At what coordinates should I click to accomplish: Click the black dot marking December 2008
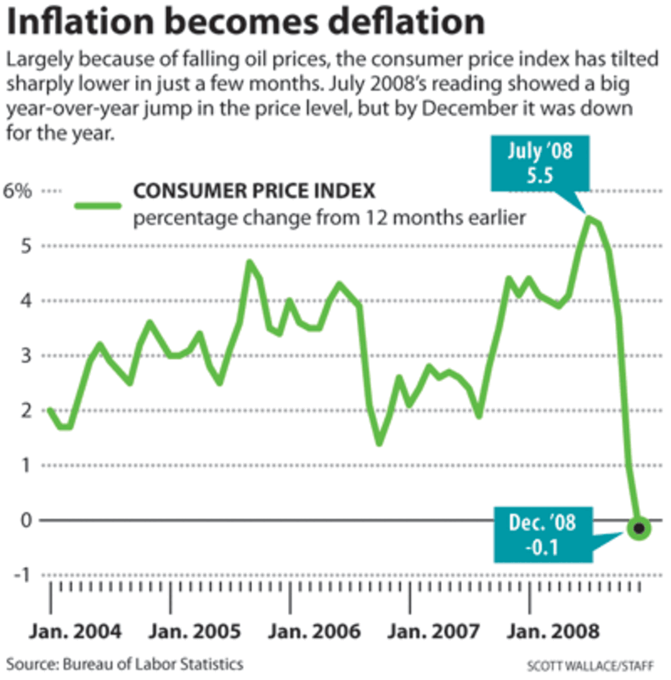coord(640,529)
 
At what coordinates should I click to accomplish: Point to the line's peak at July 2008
coord(587,218)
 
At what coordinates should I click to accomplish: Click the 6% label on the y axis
coord(20,191)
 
